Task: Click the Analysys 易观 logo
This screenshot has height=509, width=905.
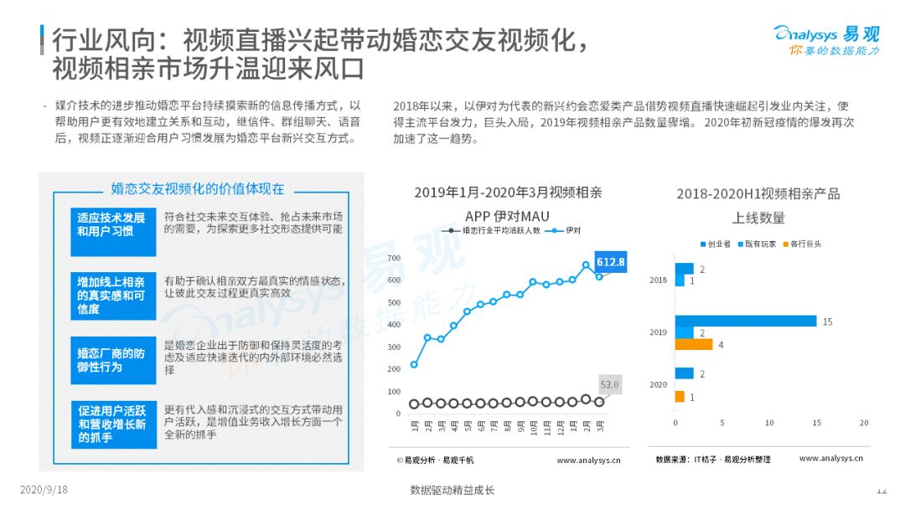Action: click(826, 40)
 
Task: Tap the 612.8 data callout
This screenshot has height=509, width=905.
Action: click(611, 262)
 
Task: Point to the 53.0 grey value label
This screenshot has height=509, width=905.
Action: click(609, 384)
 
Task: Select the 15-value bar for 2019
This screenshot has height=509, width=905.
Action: click(746, 321)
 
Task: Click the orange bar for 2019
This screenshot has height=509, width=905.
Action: click(694, 344)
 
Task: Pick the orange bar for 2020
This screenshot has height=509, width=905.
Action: click(680, 397)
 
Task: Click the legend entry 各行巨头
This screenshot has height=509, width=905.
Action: click(802, 244)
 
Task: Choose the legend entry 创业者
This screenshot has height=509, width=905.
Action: click(716, 244)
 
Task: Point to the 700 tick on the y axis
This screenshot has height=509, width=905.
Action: click(394, 258)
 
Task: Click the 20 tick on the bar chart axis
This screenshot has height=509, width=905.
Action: click(864, 423)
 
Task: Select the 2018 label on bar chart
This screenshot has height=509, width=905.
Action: click(658, 280)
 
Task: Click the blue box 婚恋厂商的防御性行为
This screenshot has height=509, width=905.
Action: click(113, 360)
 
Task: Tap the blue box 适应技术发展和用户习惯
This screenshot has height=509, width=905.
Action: click(113, 232)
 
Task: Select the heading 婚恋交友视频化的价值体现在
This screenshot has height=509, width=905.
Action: click(198, 189)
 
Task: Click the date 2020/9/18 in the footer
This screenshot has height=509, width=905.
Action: click(44, 490)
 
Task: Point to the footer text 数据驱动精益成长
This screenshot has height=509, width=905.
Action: click(452, 490)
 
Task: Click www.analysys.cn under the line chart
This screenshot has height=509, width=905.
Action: click(589, 460)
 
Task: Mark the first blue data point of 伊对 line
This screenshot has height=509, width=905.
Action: click(414, 364)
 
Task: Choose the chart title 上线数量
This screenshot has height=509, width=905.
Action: click(758, 218)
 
